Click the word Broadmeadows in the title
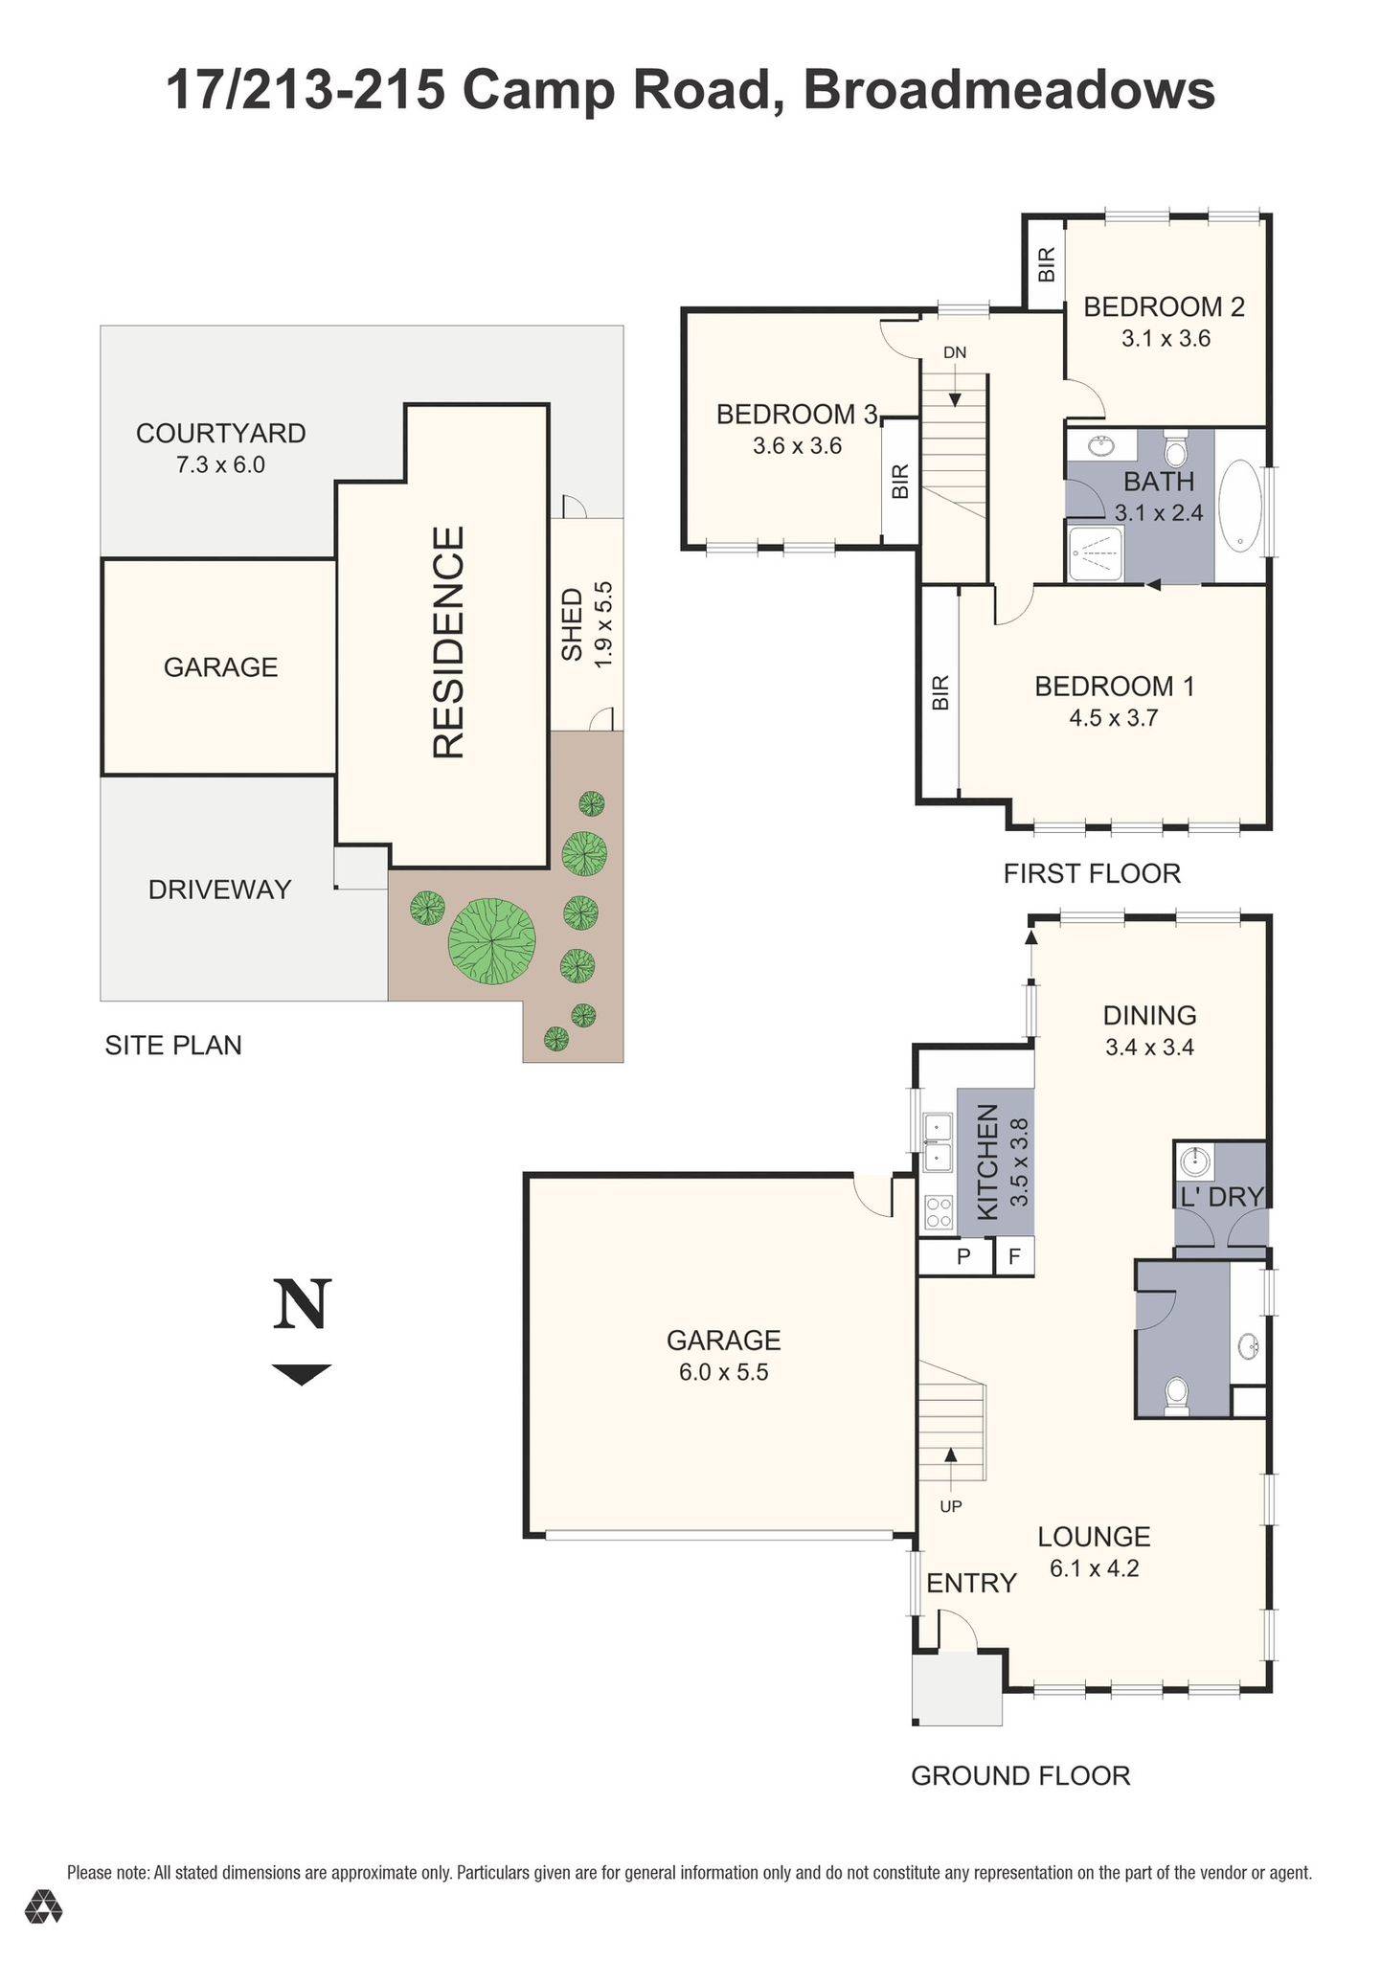[1008, 91]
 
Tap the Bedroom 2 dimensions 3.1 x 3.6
[1166, 338]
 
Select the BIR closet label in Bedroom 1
[940, 691]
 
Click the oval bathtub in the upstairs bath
[1240, 505]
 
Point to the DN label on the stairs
[954, 352]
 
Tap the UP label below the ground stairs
[950, 1506]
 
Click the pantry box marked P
[963, 1255]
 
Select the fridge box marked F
[1015, 1255]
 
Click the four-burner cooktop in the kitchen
[937, 1213]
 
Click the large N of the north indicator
[302, 1304]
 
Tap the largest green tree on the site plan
[491, 941]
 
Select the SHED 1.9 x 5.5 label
[586, 624]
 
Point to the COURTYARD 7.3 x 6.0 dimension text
[220, 465]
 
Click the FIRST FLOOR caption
[1092, 873]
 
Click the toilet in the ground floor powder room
[1175, 1395]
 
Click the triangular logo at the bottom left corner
[43, 1906]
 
